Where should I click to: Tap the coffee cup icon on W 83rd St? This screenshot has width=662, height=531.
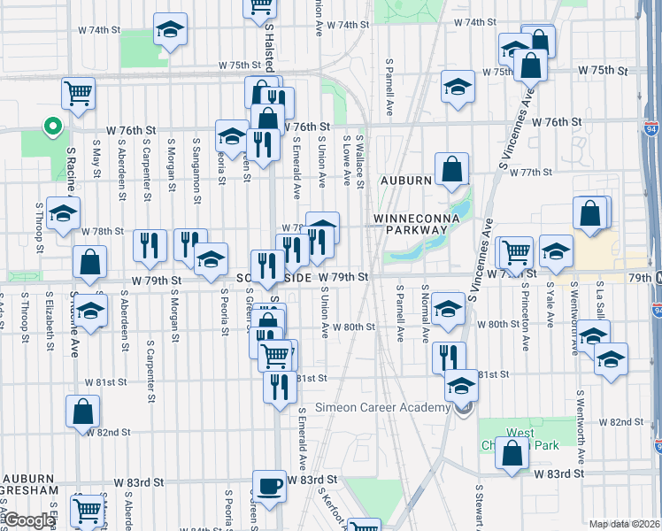pyautogui.click(x=269, y=486)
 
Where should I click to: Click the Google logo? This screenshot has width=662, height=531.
pyautogui.click(x=28, y=521)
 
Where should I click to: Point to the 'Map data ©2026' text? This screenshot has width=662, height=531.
pyautogui.click(x=624, y=524)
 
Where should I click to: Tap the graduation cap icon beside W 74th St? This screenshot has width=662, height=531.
pyautogui.click(x=169, y=30)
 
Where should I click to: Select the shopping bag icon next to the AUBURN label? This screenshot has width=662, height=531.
pyautogui.click(x=451, y=170)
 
